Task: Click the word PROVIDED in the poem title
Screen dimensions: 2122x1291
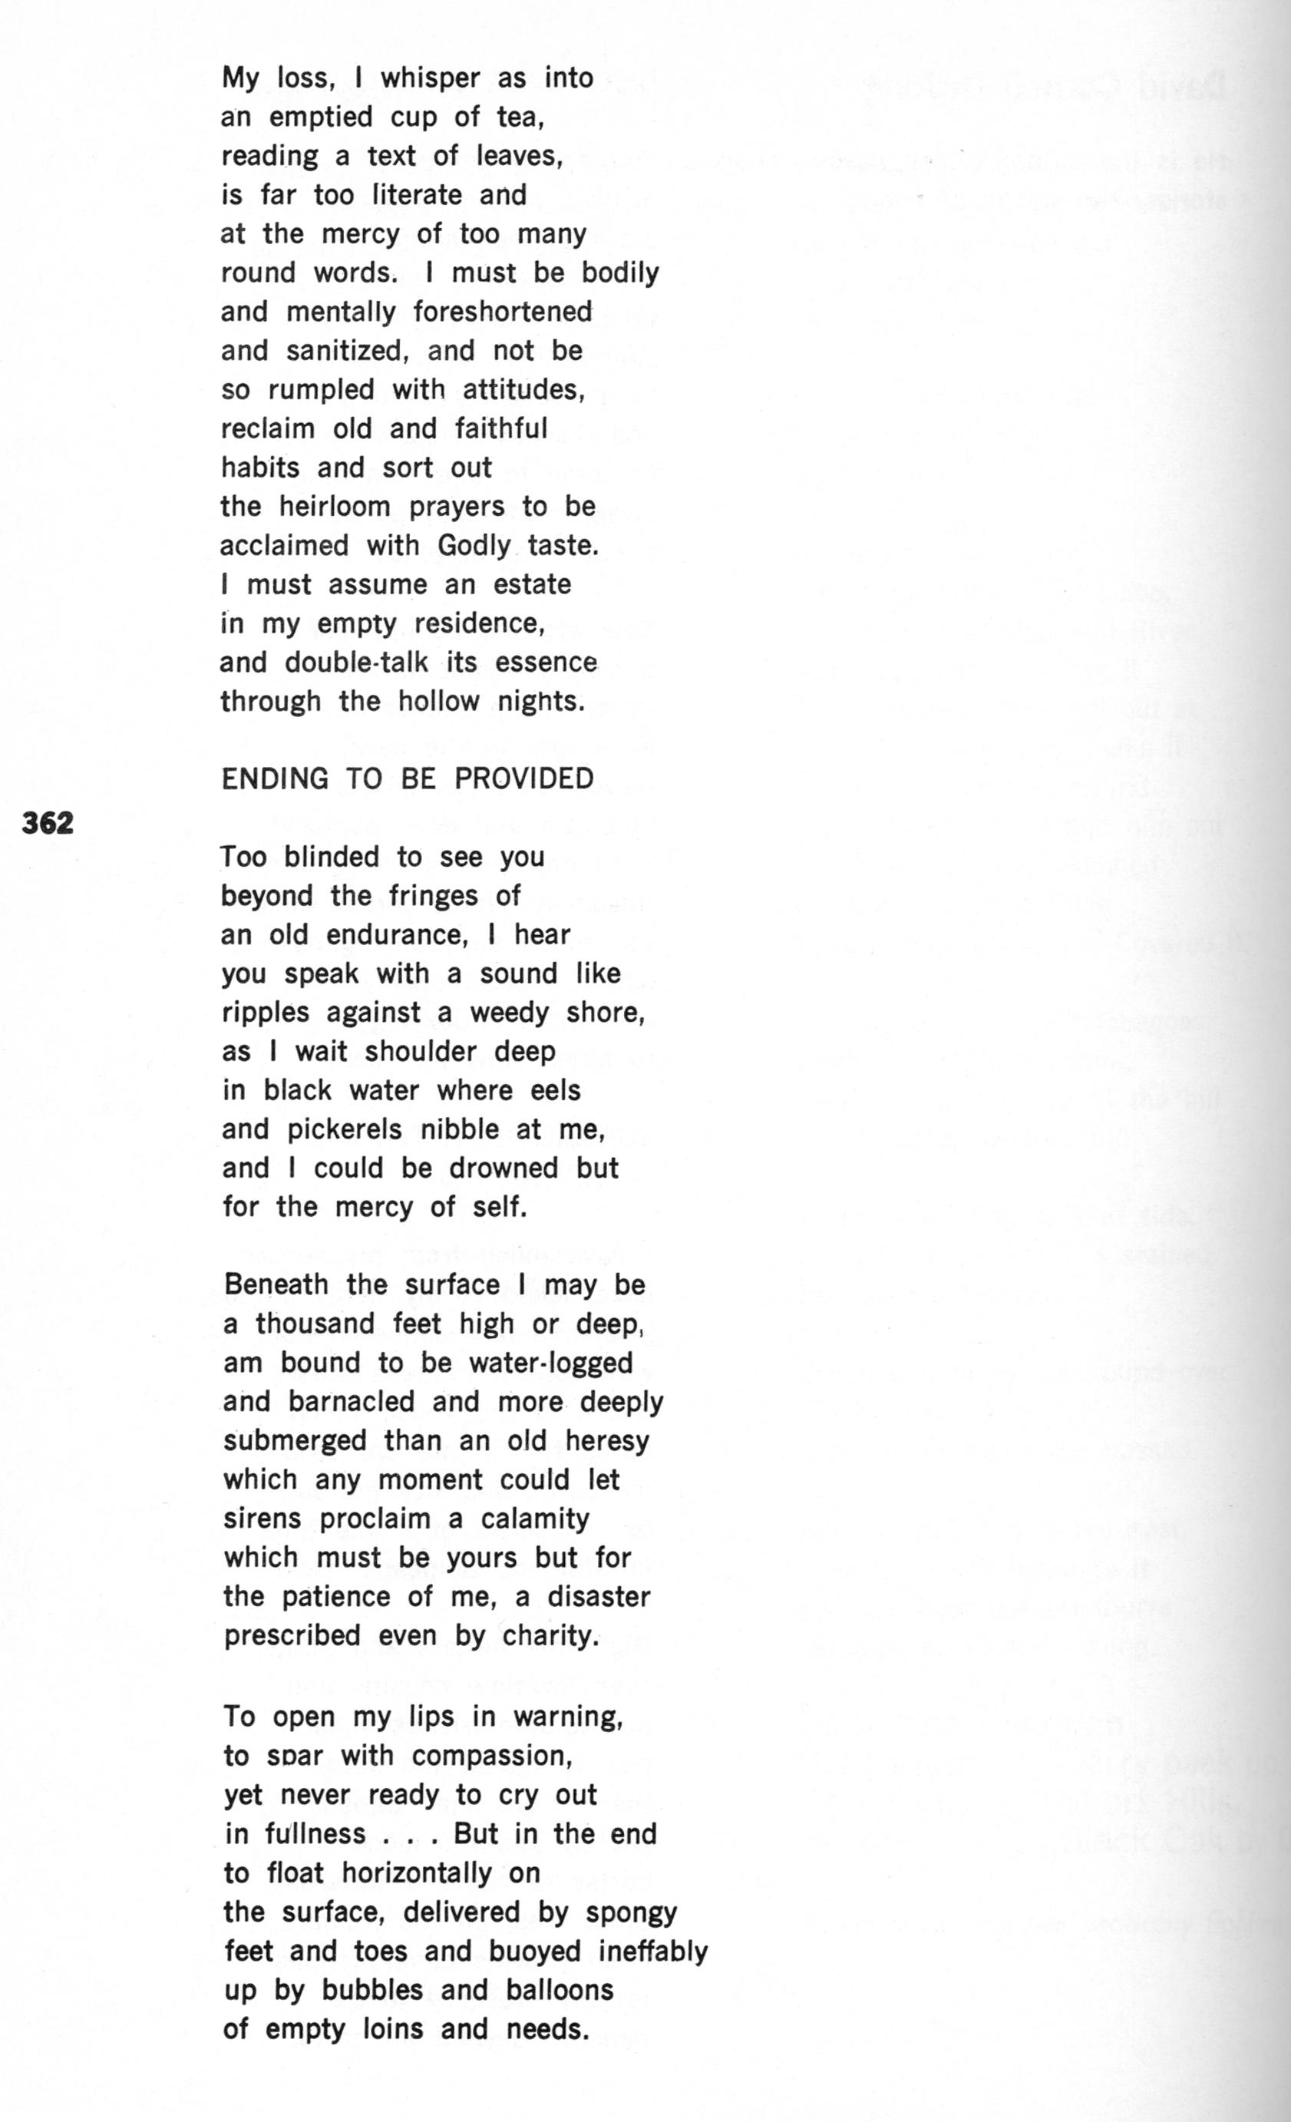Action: click(523, 778)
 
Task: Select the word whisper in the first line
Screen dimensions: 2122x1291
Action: click(431, 78)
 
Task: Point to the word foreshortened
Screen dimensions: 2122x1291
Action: click(502, 312)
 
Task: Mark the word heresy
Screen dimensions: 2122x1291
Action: click(606, 1441)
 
